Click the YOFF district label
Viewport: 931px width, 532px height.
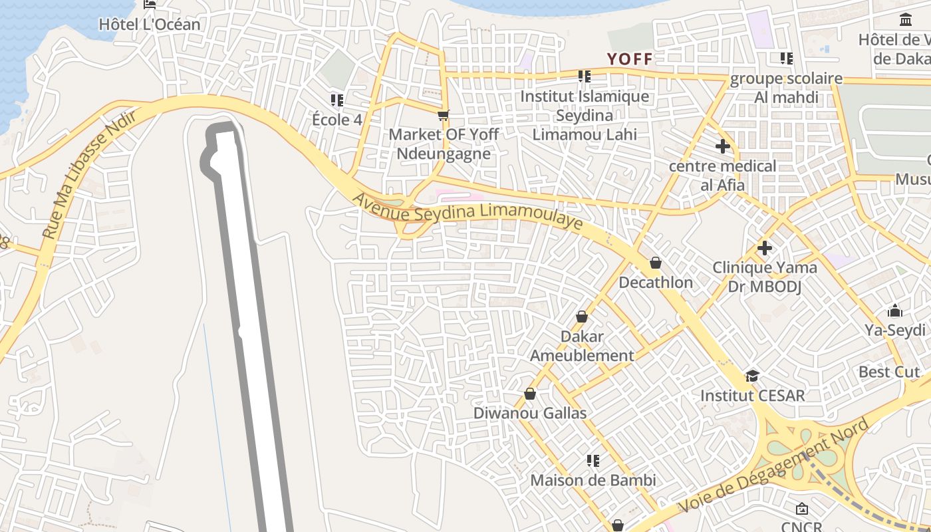click(x=630, y=59)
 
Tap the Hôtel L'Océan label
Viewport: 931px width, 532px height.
click(x=149, y=25)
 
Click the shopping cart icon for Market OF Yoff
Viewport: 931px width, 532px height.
click(x=444, y=115)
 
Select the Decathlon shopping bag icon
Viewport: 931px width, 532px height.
click(x=656, y=263)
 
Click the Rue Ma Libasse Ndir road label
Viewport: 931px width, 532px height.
click(x=89, y=174)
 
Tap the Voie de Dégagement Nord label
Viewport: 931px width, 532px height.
click(x=774, y=466)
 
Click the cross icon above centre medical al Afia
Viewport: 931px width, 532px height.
click(x=723, y=146)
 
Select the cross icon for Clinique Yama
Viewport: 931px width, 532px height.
click(x=765, y=248)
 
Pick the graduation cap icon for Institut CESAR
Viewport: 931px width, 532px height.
click(x=752, y=376)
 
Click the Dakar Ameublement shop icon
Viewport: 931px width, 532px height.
click(x=582, y=317)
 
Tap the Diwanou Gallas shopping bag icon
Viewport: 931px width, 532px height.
click(x=530, y=394)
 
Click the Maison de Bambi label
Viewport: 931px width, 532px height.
click(x=593, y=480)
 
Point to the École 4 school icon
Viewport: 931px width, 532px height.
click(x=337, y=100)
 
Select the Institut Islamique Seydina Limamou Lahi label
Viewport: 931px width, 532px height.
click(x=585, y=115)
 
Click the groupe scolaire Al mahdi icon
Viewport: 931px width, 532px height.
click(x=787, y=59)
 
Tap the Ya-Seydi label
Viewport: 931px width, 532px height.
click(x=894, y=331)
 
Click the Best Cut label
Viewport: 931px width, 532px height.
click(x=889, y=372)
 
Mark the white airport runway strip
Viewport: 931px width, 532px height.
click(x=253, y=332)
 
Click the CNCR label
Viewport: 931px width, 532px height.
click(x=801, y=525)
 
